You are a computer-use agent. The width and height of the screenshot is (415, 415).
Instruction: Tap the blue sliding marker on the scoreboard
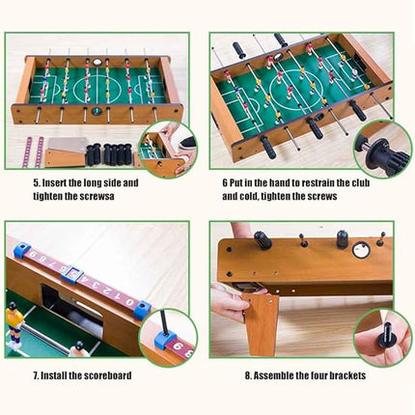[69, 273]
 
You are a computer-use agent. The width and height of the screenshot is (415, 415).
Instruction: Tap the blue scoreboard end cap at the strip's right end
[142, 309]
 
